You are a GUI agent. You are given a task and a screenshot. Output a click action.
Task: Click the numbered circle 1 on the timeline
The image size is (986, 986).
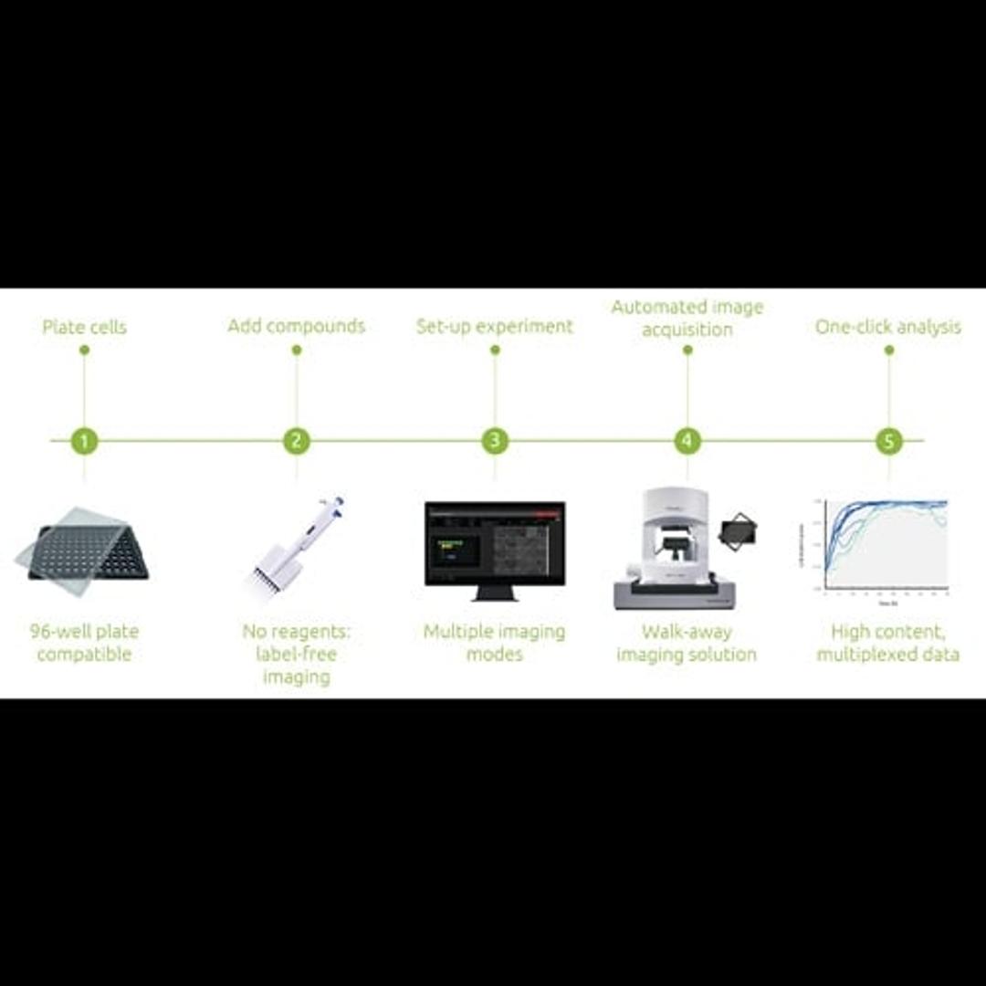[84, 441]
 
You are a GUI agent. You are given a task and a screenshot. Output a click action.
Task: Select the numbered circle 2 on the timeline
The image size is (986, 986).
[296, 441]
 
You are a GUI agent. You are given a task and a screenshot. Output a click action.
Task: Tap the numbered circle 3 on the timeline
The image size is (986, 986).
[494, 441]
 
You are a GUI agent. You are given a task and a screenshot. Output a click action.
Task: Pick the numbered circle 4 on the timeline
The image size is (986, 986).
[687, 441]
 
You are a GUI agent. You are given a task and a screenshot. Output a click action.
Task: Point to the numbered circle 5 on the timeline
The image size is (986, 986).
[888, 441]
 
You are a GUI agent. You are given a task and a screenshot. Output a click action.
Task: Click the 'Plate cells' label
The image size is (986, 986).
[84, 327]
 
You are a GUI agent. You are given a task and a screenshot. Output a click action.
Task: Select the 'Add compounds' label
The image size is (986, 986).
[296, 326]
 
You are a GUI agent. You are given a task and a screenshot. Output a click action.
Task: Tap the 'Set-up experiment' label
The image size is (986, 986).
[494, 326]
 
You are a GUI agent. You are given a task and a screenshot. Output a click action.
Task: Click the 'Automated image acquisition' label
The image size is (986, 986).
[687, 318]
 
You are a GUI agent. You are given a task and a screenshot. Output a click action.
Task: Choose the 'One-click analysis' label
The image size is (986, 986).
[887, 326]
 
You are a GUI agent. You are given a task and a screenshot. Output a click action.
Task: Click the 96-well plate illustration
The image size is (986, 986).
[84, 551]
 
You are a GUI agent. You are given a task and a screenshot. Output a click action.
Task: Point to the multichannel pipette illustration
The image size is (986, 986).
[296, 546]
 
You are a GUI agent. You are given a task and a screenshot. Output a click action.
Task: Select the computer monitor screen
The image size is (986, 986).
[494, 544]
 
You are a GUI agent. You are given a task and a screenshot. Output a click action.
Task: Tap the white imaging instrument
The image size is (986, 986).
[674, 548]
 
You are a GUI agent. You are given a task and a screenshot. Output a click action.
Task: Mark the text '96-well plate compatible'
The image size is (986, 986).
[84, 643]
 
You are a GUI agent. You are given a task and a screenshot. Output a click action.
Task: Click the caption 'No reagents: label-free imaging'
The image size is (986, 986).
[296, 654]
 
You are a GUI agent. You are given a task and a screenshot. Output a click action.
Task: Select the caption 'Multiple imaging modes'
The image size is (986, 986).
[494, 643]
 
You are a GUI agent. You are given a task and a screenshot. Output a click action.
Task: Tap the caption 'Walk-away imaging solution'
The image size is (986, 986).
[687, 643]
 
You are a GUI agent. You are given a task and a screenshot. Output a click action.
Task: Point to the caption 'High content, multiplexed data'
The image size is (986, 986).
[887, 643]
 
